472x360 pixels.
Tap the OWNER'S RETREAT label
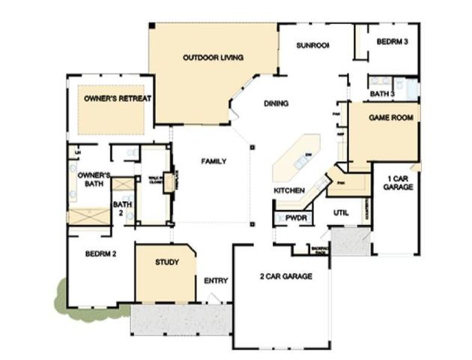[118, 98]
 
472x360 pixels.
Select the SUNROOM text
[312, 45]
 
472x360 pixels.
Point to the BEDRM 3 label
[392, 42]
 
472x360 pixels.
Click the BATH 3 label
[382, 94]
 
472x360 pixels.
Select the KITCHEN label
[288, 190]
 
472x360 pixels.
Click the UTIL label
[342, 213]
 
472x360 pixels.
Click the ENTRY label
[216, 280]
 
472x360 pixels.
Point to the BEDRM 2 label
[100, 253]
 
